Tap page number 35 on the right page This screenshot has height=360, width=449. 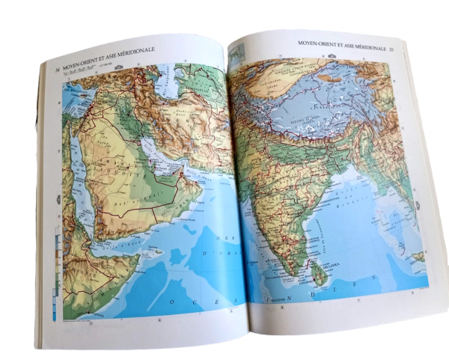[x=391, y=48]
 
